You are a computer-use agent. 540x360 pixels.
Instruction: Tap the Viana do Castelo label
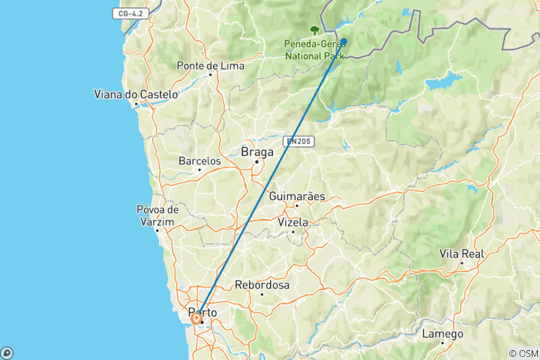click(136, 94)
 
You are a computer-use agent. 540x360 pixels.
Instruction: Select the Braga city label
click(256, 151)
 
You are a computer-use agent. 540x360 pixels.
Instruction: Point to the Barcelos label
click(199, 160)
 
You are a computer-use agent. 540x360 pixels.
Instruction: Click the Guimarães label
click(297, 196)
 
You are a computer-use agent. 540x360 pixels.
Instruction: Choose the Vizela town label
click(292, 222)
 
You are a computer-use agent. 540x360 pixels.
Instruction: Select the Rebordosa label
click(262, 285)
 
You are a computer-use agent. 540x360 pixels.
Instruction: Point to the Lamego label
click(442, 334)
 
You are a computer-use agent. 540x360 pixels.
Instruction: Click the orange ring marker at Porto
click(196, 319)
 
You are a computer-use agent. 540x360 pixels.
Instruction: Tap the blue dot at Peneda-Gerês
click(343, 42)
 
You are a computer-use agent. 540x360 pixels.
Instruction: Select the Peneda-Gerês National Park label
click(313, 49)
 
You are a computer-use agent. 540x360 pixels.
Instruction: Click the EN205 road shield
click(298, 140)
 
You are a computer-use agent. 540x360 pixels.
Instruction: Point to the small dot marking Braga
click(256, 161)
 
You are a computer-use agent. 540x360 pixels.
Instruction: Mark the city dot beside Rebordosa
click(262, 294)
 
